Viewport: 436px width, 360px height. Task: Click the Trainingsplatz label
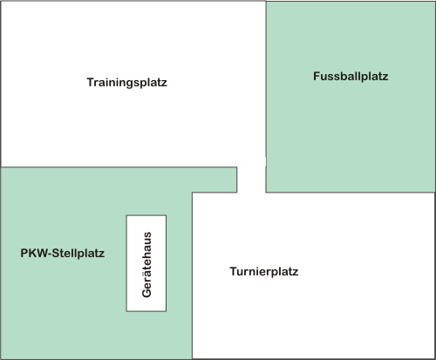(x=127, y=83)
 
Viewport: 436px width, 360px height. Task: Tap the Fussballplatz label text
(x=351, y=76)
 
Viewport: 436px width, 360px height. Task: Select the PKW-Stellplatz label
(x=63, y=253)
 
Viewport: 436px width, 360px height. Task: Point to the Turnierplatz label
(x=264, y=271)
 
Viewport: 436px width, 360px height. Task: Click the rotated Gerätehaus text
(x=146, y=264)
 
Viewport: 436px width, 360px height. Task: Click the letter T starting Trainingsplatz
(x=91, y=82)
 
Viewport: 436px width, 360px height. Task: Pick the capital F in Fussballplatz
(x=317, y=76)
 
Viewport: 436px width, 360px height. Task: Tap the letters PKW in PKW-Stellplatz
(x=35, y=253)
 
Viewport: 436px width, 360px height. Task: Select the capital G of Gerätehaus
(x=146, y=293)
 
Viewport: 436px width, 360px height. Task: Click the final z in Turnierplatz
(x=296, y=272)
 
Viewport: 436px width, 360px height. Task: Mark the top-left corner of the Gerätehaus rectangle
(x=126, y=215)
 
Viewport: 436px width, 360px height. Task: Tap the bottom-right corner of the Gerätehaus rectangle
(x=167, y=311)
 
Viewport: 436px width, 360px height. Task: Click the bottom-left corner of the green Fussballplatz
(x=266, y=192)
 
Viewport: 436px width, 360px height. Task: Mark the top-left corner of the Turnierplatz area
(x=192, y=193)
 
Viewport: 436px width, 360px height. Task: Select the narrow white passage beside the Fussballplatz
(x=251, y=180)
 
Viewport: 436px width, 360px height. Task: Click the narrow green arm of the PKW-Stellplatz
(x=215, y=180)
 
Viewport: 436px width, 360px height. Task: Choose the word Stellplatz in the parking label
(x=78, y=253)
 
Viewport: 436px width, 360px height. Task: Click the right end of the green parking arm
(x=236, y=180)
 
